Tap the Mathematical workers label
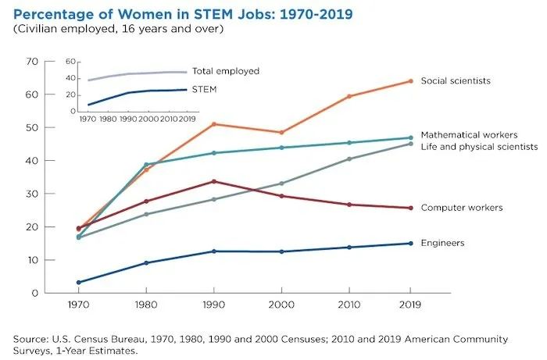point(469,134)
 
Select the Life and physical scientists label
point(479,146)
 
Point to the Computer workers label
point(461,207)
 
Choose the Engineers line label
point(442,243)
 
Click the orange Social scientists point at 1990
point(214,124)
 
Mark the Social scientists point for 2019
point(411,81)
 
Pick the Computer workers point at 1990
point(214,181)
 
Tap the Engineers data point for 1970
point(78,282)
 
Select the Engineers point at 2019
point(411,243)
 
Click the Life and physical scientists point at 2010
point(349,159)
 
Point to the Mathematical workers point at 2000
point(281,148)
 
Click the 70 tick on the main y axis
point(32,61)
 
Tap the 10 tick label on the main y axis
point(32,260)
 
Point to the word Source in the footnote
point(30,339)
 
